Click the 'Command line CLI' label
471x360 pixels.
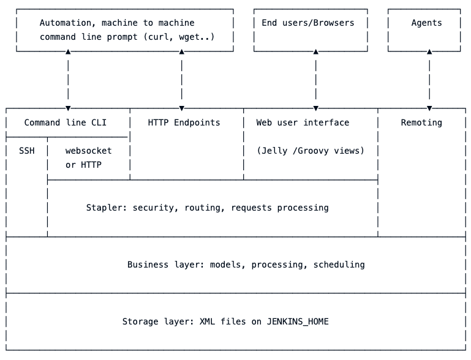coord(65,122)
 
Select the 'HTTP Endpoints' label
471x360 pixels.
coord(184,122)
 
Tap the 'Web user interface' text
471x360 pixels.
coord(303,122)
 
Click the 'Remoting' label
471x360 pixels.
coord(421,122)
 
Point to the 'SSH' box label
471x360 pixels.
coord(26,151)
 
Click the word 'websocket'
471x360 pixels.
coord(89,151)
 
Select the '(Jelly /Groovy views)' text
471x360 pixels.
coord(311,151)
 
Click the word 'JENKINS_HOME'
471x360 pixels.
coord(298,321)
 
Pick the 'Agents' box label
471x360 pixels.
coord(426,23)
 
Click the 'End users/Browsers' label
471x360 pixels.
coord(308,23)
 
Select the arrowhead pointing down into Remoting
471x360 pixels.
coord(429,108)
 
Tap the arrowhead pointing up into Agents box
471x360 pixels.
coord(429,52)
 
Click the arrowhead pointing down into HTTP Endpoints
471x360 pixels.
coord(182,108)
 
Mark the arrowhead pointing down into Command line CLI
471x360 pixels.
coord(68,108)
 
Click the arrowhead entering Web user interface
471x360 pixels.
coord(315,108)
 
